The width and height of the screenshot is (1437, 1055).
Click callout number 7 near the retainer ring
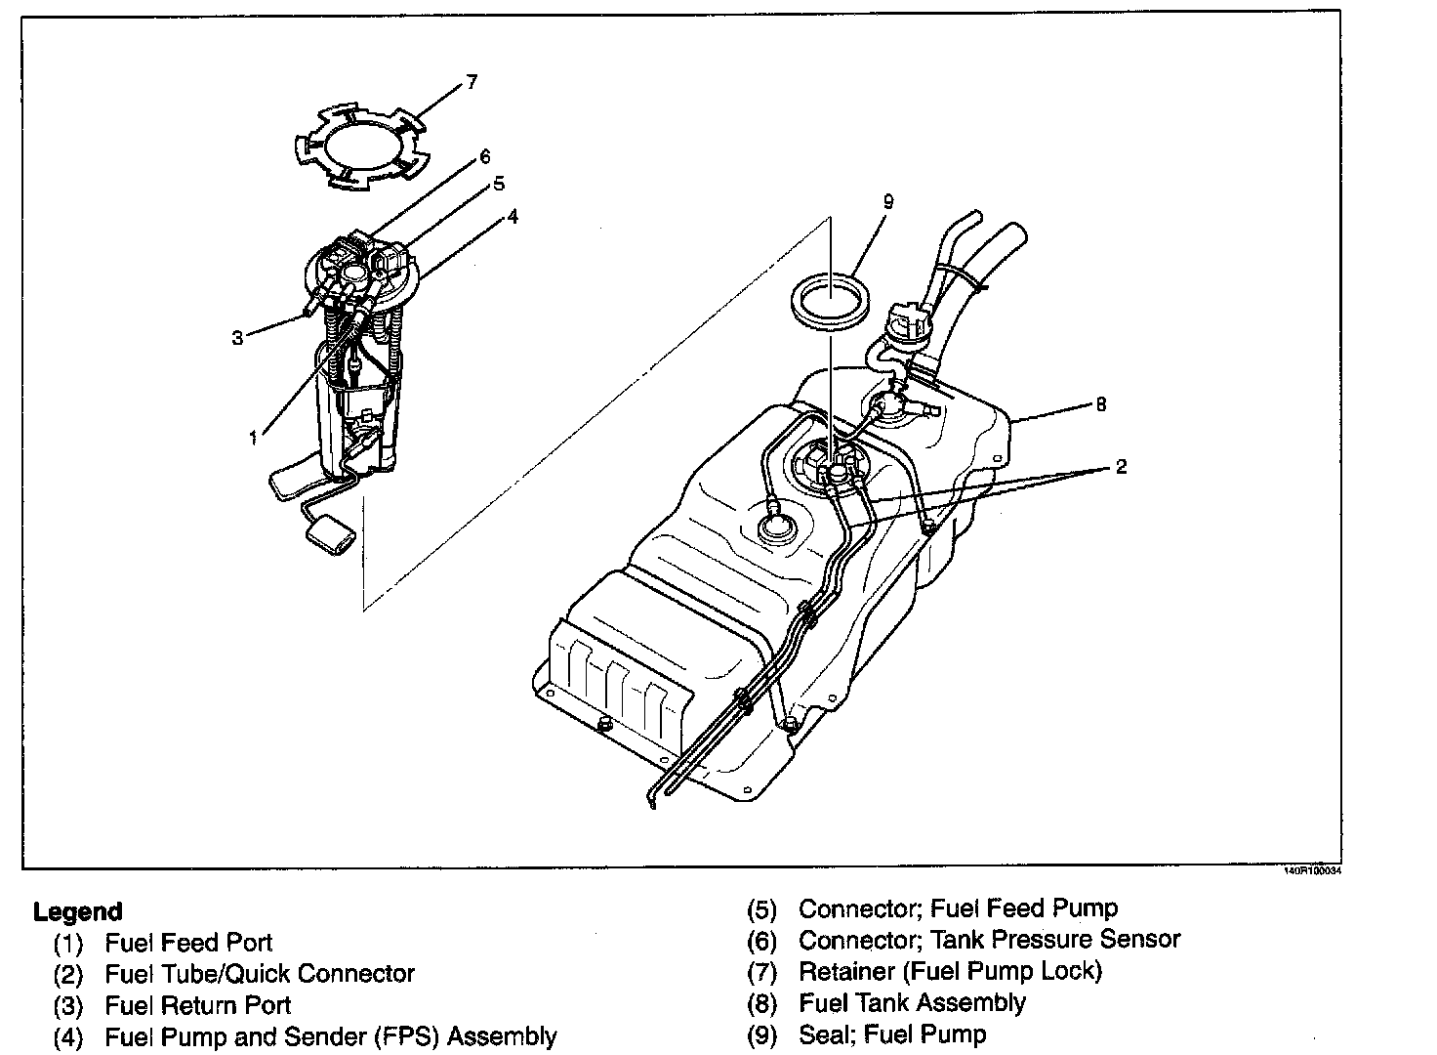472,82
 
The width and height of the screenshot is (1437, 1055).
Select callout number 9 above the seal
887,202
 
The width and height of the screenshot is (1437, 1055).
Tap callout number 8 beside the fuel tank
1101,403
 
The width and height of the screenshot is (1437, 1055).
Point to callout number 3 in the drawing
237,338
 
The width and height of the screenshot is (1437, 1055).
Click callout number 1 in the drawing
254,438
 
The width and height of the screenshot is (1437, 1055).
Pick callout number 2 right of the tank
1121,467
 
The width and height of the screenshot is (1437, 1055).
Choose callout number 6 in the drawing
484,157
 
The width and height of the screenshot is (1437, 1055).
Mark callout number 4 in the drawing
513,216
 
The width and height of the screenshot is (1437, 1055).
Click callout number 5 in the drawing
498,184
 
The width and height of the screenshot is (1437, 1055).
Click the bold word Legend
78,912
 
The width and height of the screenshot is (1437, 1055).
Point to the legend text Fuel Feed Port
188,943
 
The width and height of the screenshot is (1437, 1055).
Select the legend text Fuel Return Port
197,1005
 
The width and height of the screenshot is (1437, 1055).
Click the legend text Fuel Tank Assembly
912,1003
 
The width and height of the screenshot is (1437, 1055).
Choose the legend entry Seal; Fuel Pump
892,1034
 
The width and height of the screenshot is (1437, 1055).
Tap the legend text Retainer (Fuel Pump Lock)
949,972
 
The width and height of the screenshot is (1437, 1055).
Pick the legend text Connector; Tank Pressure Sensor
989,940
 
